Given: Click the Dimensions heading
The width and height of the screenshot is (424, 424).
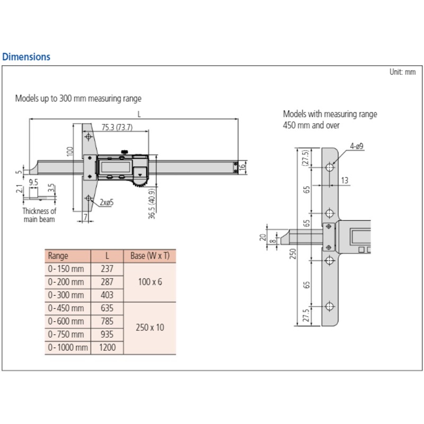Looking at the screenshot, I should (x=26, y=57).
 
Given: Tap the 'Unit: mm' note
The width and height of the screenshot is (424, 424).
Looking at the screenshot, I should (x=403, y=72).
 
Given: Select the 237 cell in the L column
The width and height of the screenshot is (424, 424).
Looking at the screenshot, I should (x=107, y=269).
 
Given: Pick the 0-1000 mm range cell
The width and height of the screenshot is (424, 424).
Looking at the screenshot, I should (x=67, y=348).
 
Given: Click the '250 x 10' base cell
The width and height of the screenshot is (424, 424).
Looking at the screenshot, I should (x=149, y=328).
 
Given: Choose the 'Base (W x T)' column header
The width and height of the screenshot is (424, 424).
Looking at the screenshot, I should (x=149, y=255).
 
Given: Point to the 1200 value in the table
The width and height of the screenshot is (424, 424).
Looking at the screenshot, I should (x=107, y=348).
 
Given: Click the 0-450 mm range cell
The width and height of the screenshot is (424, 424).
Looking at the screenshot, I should (x=66, y=308).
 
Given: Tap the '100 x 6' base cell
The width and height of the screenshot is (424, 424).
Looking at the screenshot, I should (x=149, y=281).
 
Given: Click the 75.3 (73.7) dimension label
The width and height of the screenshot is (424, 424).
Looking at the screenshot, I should (x=117, y=127).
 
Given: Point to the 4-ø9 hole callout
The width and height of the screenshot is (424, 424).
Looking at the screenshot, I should (x=356, y=146).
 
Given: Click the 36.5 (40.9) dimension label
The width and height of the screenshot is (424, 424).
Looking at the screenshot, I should (x=152, y=204).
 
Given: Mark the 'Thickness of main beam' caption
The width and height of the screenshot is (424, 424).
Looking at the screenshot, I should (x=39, y=215).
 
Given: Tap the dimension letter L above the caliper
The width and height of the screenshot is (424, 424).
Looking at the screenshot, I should (x=138, y=113).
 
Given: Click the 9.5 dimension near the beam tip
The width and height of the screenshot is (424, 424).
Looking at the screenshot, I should (x=33, y=182).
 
